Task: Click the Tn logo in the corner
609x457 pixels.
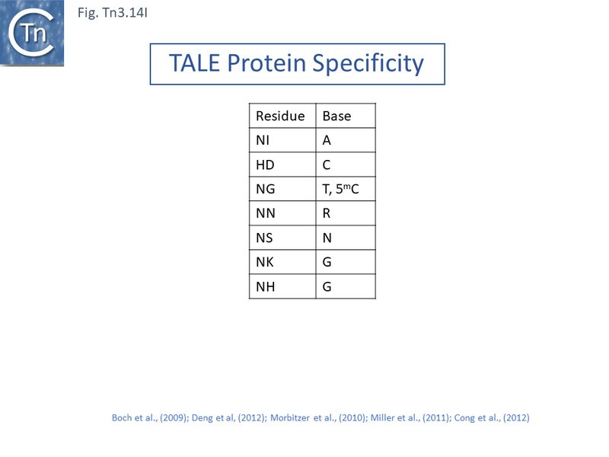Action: click(32, 32)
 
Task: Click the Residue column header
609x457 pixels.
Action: click(280, 117)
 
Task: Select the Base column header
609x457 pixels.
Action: click(337, 117)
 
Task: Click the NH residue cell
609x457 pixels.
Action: click(264, 287)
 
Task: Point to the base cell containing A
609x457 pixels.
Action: click(327, 141)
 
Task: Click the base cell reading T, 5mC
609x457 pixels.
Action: click(341, 190)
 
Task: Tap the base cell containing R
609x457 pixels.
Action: click(327, 214)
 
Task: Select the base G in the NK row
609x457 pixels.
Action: click(327, 263)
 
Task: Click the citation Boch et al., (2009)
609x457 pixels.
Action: click(149, 418)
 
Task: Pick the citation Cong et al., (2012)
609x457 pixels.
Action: click(492, 418)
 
